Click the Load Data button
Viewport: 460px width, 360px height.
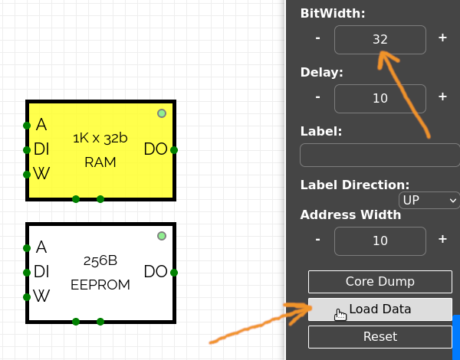379,309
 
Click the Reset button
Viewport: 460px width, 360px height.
379,337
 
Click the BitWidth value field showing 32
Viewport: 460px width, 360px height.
379,40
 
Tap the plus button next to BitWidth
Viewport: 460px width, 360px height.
442,38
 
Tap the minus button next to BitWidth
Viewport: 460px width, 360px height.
317,38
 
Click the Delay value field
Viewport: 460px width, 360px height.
379,97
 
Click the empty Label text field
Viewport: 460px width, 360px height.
379,155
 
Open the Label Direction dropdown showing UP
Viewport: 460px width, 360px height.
429,200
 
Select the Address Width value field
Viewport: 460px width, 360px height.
379,241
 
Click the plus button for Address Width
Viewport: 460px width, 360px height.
442,239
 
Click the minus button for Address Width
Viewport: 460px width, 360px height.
317,239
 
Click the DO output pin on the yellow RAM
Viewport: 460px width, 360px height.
175,150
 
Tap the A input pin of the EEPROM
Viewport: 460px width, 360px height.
27,247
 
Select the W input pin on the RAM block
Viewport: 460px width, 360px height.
27,175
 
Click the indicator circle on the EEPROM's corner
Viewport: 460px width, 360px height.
162,236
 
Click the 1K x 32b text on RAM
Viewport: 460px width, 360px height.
100,139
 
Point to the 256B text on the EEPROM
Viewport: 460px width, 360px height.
100,261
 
